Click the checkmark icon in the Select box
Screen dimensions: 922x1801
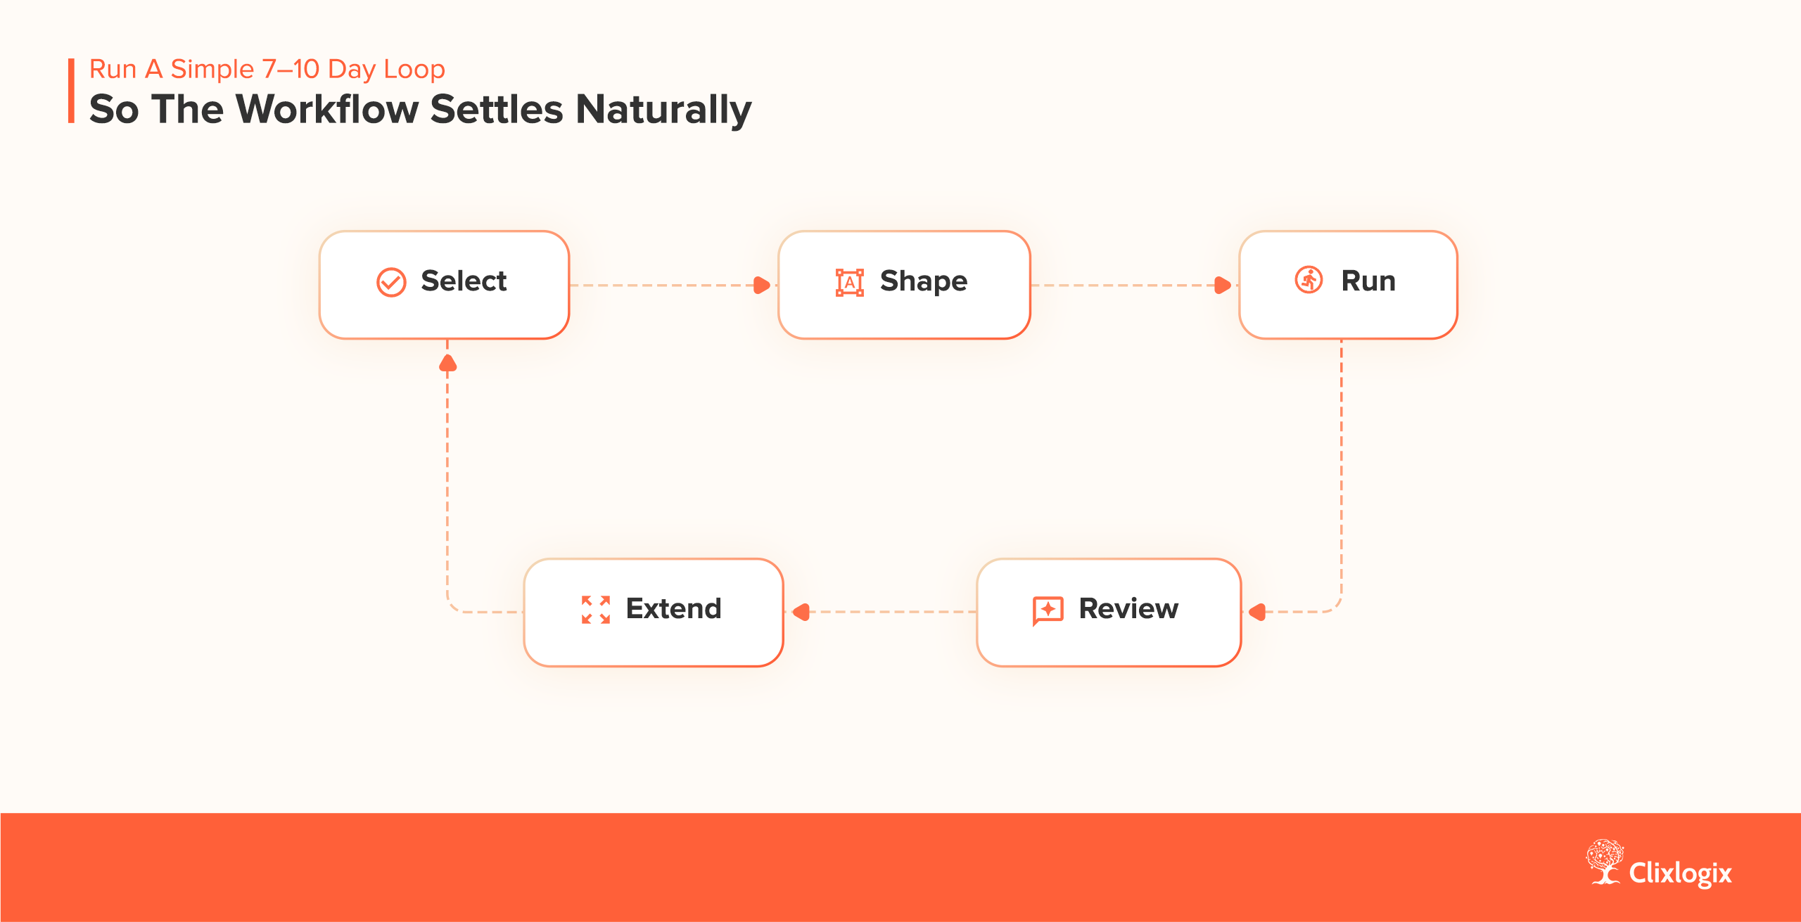click(x=391, y=282)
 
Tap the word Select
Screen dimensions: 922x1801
click(x=464, y=281)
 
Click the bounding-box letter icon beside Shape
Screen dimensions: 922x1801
click(x=849, y=282)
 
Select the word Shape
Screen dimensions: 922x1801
click(x=923, y=282)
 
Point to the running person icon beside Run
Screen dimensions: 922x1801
click(x=1309, y=280)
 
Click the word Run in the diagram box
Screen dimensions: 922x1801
click(x=1368, y=281)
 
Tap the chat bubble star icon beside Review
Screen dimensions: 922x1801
click(x=1048, y=610)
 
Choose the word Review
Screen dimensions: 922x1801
click(x=1128, y=609)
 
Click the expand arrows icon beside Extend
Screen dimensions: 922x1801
click(x=595, y=610)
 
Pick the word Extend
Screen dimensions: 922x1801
click(x=673, y=609)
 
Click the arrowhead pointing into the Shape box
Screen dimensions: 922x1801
click(x=761, y=285)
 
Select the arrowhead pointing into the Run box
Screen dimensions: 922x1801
click(x=1223, y=285)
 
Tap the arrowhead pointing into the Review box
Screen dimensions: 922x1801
click(x=1258, y=612)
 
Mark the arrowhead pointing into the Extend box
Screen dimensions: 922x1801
click(x=801, y=612)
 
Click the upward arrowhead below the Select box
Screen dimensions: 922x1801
click(x=448, y=363)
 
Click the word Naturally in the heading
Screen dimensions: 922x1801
click(x=663, y=110)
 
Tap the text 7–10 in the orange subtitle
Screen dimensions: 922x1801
click(x=291, y=69)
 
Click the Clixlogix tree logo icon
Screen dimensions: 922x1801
click(x=1605, y=862)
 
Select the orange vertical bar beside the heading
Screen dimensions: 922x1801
click(x=71, y=91)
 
